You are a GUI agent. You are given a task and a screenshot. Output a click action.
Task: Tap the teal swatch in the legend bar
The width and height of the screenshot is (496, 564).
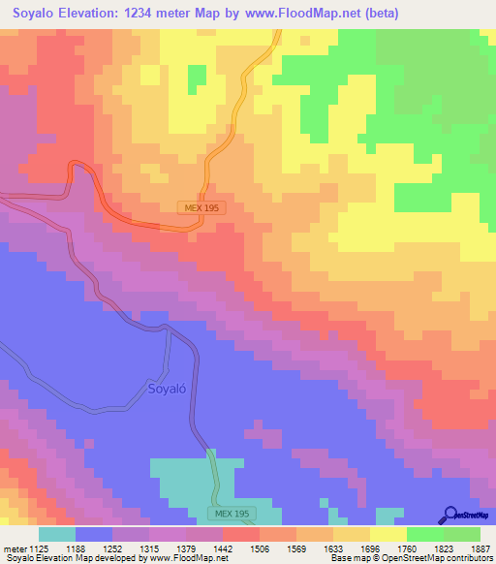(x=56, y=534)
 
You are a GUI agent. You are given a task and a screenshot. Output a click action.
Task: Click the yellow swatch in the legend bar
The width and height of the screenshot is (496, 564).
(x=387, y=534)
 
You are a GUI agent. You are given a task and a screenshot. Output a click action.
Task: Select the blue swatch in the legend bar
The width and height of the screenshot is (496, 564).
(x=93, y=534)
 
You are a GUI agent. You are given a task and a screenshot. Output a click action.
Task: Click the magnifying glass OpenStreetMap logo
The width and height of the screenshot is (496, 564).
(x=449, y=515)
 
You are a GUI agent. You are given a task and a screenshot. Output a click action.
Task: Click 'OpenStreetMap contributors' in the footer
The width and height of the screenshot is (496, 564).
(x=434, y=559)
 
